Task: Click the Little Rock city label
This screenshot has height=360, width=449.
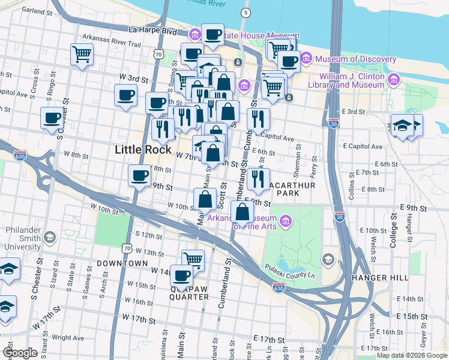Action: [x=143, y=149]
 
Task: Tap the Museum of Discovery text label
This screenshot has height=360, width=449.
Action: [x=355, y=59]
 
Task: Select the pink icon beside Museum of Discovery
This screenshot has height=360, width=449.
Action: [x=306, y=59]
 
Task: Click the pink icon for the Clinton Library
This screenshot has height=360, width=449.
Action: [x=394, y=79]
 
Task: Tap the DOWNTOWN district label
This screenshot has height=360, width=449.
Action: [x=122, y=263]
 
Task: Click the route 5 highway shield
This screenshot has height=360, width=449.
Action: [x=245, y=13]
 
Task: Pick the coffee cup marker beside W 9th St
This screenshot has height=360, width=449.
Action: [x=139, y=176]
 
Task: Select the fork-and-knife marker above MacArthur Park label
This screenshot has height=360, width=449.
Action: [x=258, y=178]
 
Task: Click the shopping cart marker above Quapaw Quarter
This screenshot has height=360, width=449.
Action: [x=193, y=260]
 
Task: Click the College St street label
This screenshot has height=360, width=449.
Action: [x=393, y=233]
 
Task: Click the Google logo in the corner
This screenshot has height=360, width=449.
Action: [x=20, y=353]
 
